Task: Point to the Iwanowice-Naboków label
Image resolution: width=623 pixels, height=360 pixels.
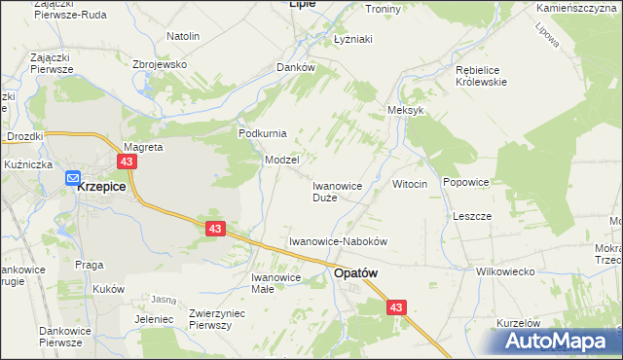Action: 339,240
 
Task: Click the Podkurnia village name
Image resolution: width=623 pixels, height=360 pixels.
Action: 261,133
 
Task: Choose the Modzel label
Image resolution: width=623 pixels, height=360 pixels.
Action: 281,159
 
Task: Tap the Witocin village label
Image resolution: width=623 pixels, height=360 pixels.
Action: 409,184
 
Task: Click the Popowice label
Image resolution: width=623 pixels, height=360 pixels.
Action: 465,182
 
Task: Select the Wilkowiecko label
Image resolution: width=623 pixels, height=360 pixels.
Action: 505,271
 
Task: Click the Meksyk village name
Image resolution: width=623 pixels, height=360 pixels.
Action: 406,111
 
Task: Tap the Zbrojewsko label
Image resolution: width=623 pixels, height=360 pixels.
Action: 159,64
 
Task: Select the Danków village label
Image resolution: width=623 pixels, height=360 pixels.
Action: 296,68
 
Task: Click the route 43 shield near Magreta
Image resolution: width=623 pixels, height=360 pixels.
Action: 127,162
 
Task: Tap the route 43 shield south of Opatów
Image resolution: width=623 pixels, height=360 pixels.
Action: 395,307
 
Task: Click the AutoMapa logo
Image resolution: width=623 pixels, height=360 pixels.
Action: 560,342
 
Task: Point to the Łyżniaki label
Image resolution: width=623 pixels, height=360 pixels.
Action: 353,40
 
